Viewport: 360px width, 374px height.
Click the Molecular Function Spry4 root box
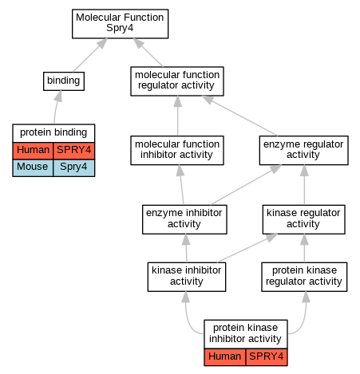(120, 24)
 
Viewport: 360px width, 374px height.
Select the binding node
(64, 81)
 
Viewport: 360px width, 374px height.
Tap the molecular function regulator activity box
(177, 81)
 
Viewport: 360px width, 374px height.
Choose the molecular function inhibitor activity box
(177, 150)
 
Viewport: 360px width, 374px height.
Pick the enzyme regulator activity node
(303, 150)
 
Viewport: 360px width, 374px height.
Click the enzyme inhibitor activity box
(184, 219)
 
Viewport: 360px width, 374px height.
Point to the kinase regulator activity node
(303, 219)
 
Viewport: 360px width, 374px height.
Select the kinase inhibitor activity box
(187, 277)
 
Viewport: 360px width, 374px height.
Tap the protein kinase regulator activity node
(304, 277)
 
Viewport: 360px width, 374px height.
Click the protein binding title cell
(53, 132)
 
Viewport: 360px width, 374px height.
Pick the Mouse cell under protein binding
(33, 167)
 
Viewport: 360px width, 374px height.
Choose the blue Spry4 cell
(73, 167)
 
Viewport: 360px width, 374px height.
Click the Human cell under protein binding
(33, 151)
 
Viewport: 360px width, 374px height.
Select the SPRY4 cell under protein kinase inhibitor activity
(267, 357)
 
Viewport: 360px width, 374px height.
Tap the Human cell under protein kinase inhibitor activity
(225, 357)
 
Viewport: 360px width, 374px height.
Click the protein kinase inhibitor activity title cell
(246, 334)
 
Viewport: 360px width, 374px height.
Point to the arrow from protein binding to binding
(57, 107)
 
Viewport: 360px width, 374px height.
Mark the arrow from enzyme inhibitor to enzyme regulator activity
(246, 185)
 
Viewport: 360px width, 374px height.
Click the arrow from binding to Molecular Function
(90, 55)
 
